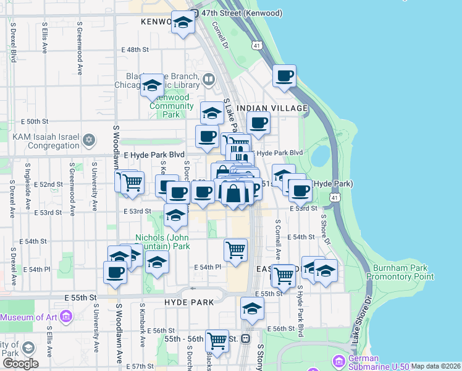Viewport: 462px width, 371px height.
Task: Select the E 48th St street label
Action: [x=136, y=49]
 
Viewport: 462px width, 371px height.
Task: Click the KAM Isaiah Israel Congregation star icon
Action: [x=89, y=140]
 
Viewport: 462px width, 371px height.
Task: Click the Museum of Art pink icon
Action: [x=66, y=317]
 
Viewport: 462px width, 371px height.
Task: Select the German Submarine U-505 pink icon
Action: [x=338, y=360]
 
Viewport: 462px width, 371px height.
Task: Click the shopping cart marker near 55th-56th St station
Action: [x=217, y=339]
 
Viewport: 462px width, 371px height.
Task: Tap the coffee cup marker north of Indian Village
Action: [x=284, y=76]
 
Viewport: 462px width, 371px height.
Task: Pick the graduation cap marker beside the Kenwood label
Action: [x=183, y=23]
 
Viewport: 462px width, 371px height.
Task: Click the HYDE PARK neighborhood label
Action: [x=189, y=302]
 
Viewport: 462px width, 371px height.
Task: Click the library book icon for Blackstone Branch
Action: [x=209, y=79]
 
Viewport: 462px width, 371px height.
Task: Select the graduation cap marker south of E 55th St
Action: [x=252, y=309]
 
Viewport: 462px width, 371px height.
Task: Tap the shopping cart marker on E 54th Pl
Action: [x=235, y=250]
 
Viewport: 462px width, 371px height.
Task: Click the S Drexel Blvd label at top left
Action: [x=13, y=43]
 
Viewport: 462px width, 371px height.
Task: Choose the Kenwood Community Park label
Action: [x=172, y=106]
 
